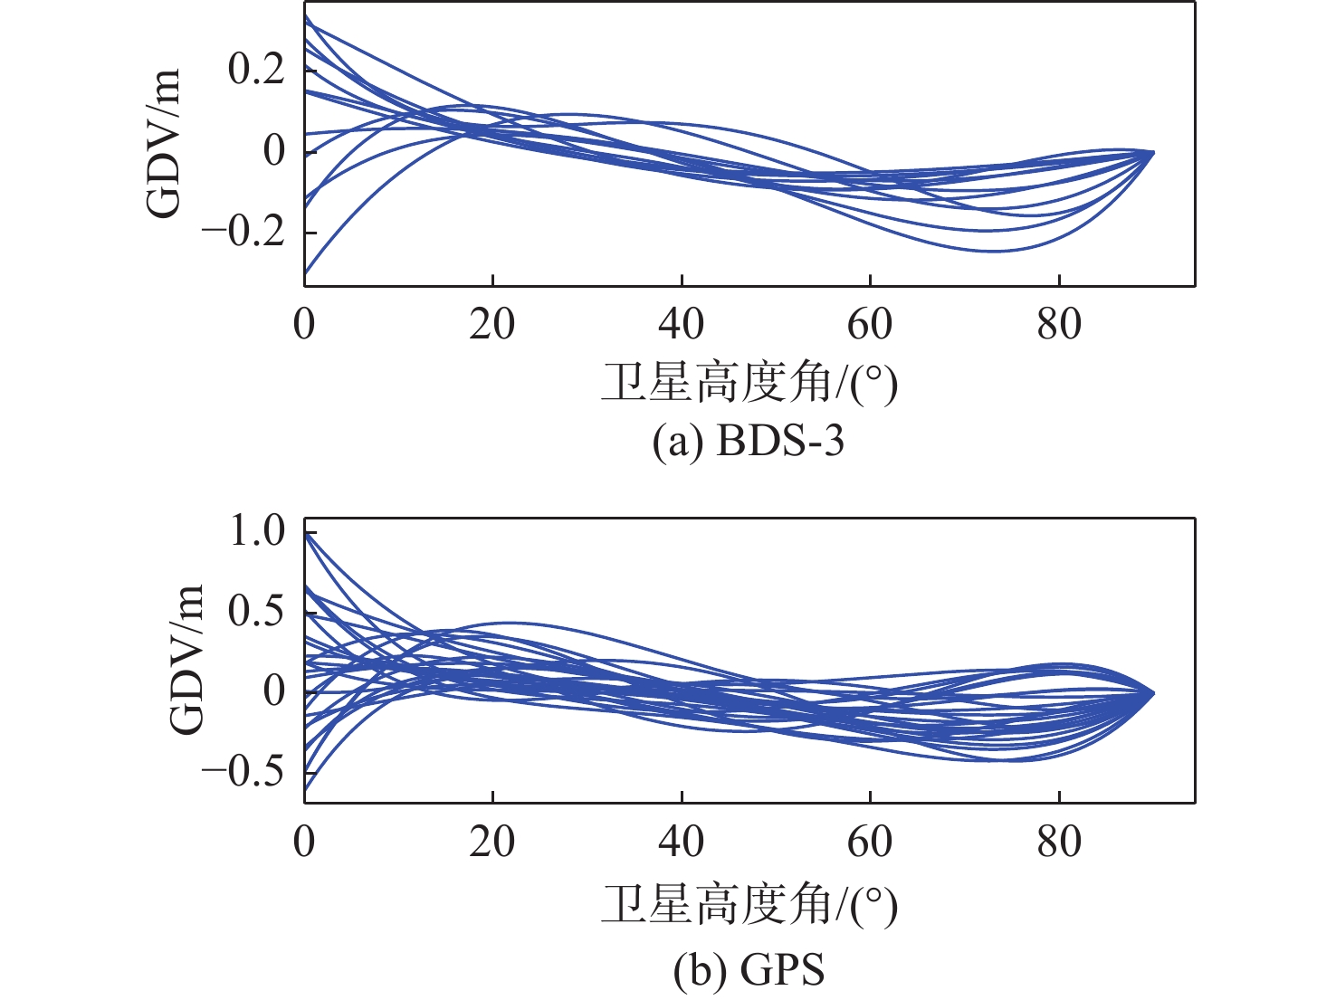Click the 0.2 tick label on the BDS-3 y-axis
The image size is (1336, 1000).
[256, 69]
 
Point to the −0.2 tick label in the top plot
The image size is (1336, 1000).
[243, 232]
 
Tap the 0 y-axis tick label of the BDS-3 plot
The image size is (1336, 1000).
[273, 150]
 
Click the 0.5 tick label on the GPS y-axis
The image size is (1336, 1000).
[256, 611]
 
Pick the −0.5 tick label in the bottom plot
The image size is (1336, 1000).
[243, 773]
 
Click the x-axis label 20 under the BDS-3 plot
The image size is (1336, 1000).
[492, 323]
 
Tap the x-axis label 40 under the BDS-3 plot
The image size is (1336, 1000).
[681, 323]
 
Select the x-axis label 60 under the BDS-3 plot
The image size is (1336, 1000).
[870, 323]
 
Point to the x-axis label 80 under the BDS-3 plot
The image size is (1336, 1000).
[1059, 323]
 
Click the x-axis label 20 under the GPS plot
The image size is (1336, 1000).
[492, 842]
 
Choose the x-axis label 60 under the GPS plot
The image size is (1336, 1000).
[870, 842]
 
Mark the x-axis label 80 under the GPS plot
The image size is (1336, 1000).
[1059, 842]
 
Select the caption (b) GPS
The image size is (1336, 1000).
[749, 970]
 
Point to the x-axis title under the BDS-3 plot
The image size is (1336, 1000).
[749, 384]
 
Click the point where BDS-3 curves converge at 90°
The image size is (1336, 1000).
[1153, 152]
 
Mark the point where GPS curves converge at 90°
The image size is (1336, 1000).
[1153, 693]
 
